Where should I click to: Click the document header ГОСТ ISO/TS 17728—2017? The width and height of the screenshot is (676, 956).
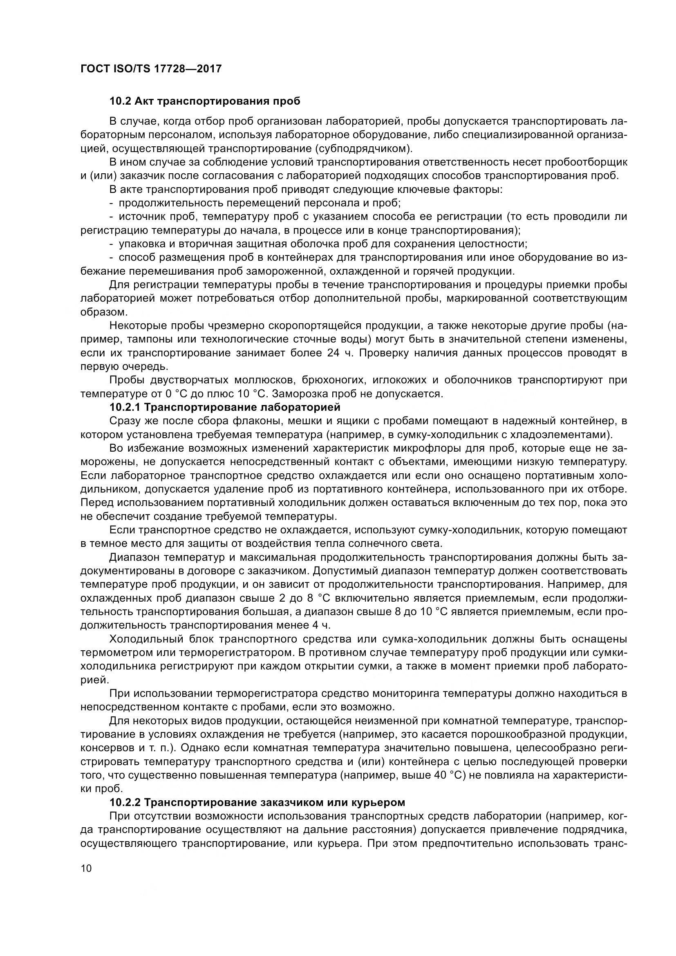tap(151, 69)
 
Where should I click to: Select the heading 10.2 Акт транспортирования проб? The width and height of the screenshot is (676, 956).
tap(205, 101)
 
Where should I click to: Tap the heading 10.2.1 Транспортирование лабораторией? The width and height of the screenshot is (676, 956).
tap(225, 407)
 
